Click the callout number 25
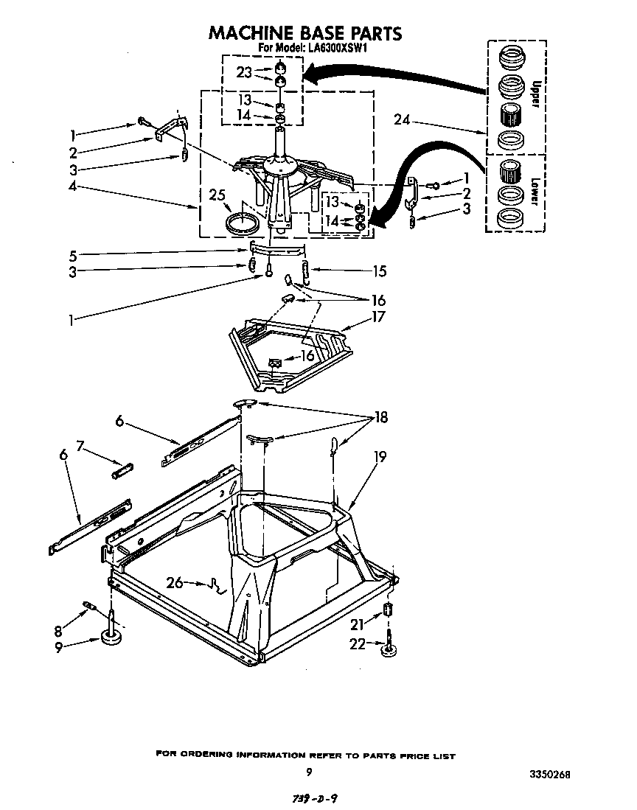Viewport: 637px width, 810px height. (x=216, y=196)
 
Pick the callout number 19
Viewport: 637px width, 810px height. (x=378, y=456)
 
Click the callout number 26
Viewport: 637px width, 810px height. (x=175, y=583)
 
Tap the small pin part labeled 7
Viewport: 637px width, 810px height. (x=122, y=469)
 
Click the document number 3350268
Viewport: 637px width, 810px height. (x=549, y=775)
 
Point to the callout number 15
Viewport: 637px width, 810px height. (x=379, y=271)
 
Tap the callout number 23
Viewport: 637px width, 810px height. (x=245, y=72)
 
